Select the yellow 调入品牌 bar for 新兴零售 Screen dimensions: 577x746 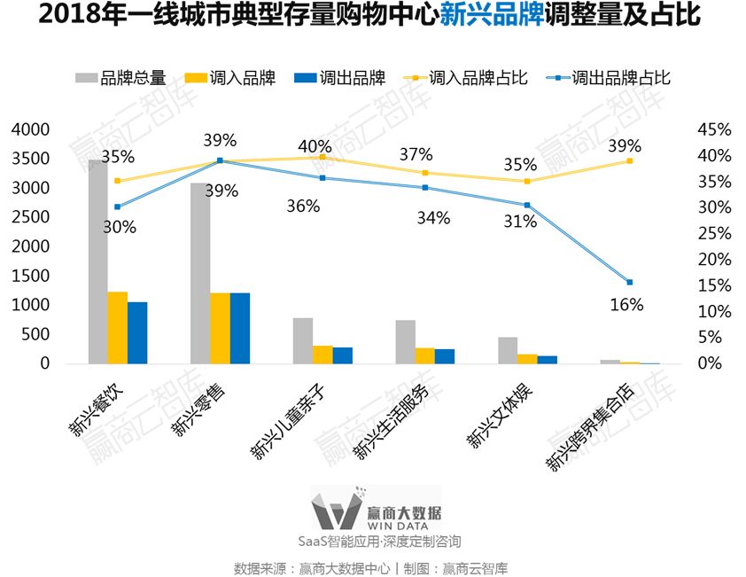(220, 328)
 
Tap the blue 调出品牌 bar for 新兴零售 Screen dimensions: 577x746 (240, 328)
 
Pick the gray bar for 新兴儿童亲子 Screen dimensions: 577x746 (303, 340)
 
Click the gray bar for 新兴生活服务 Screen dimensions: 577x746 (405, 341)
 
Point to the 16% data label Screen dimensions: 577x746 (627, 305)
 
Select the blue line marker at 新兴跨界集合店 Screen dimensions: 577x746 (630, 282)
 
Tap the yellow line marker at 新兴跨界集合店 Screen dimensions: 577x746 (630, 161)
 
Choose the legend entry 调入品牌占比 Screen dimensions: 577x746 (466, 78)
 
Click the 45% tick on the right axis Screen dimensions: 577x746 (714, 129)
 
